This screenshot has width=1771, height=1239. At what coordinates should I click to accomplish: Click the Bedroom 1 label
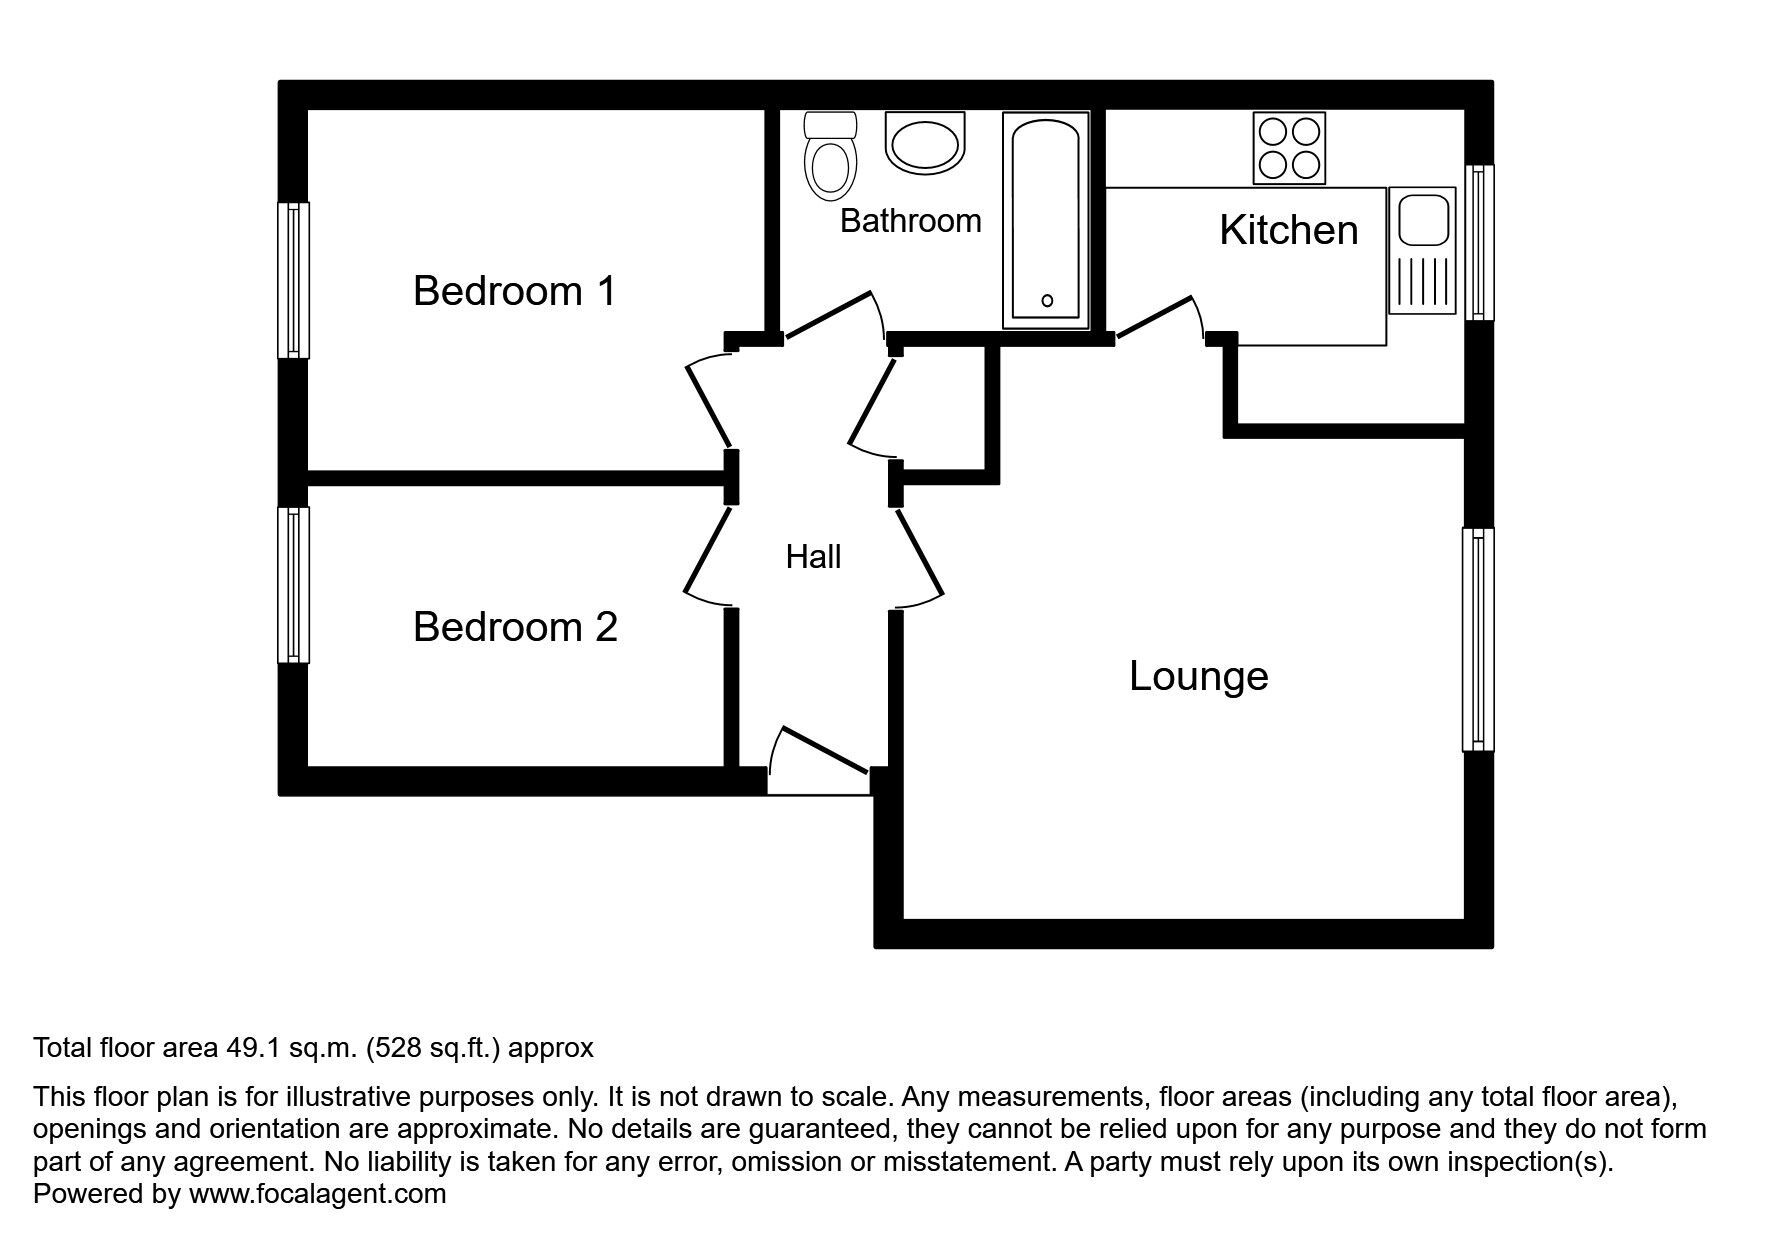point(514,291)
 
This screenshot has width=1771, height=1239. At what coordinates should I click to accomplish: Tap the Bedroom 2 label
point(515,627)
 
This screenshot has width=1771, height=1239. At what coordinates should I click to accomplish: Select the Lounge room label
point(1198,676)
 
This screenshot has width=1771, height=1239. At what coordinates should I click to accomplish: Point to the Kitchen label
point(1288,230)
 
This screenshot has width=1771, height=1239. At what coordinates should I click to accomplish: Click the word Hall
point(813,557)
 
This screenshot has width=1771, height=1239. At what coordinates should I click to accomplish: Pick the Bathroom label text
point(910,220)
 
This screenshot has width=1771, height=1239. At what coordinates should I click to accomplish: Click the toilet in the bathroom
point(831,158)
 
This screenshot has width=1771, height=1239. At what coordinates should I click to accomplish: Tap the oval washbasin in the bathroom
point(925,143)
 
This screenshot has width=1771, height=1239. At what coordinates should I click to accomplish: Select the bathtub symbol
point(1045,220)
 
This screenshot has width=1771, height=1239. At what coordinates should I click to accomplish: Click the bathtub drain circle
point(1047,300)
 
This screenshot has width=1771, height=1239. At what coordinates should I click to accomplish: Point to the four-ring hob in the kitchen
point(1289,148)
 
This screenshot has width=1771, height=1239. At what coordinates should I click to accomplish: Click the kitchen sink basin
point(1421,220)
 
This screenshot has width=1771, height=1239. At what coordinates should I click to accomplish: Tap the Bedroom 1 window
point(293,280)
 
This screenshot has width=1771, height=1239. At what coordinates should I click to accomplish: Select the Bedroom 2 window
point(293,585)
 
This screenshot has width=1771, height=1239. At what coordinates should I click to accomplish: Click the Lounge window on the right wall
point(1478,639)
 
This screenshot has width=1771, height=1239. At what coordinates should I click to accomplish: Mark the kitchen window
point(1479,243)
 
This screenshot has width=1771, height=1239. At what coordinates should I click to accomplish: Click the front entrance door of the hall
point(818,760)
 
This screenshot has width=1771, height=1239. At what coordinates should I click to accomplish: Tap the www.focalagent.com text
point(317,1194)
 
